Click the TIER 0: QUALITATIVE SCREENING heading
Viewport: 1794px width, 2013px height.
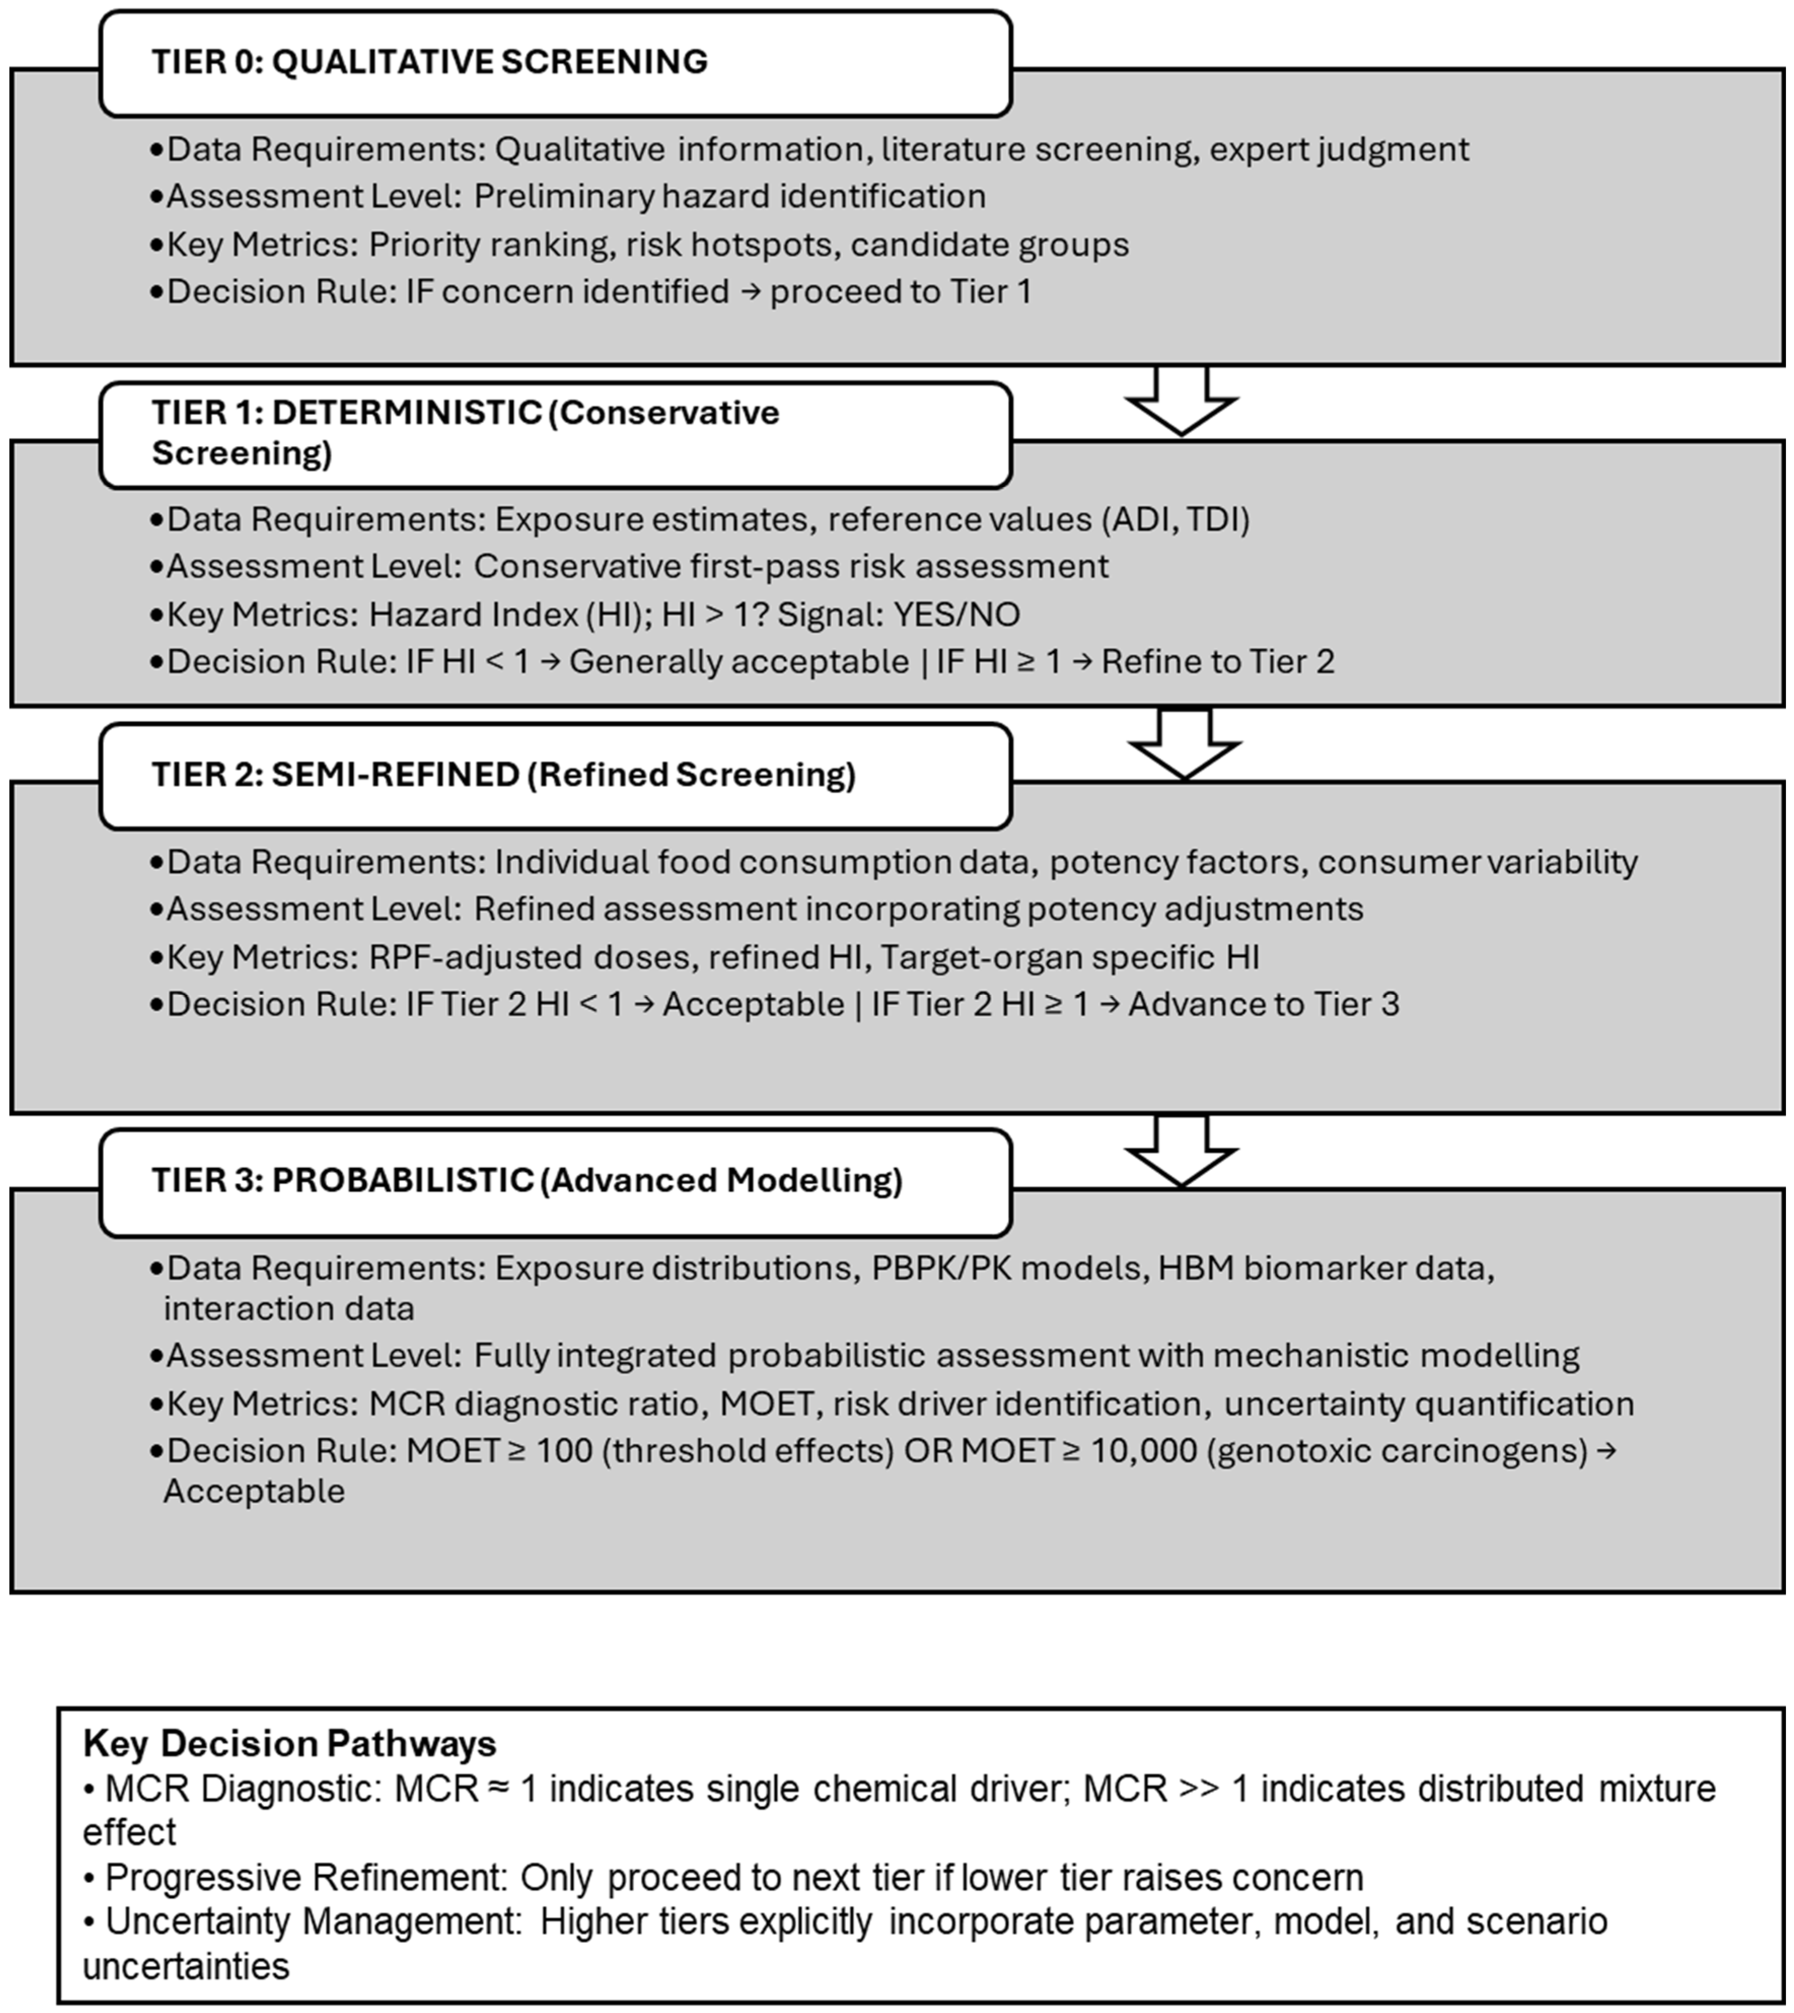coord(430,61)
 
